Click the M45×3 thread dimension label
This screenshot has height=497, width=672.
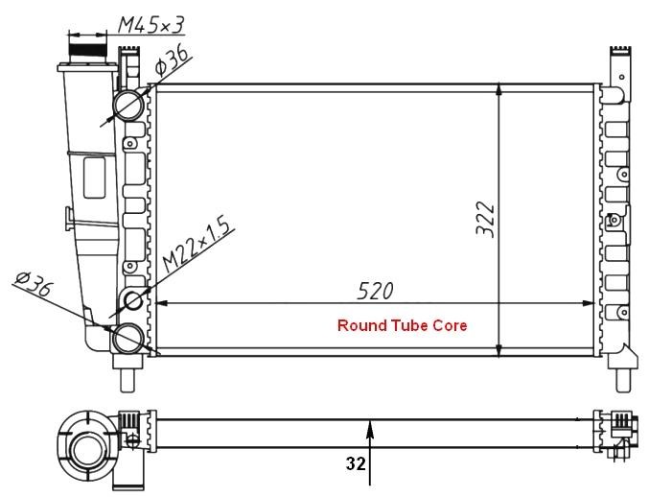pos(151,25)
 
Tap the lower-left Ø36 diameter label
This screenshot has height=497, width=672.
pos(34,283)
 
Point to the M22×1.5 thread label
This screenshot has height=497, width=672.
pos(197,246)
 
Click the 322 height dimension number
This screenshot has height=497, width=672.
pos(485,219)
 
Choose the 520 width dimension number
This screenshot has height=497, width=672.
pos(375,291)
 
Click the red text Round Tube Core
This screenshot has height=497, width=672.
pos(402,325)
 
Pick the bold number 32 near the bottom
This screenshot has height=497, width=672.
pos(356,463)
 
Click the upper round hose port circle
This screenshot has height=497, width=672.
pos(128,105)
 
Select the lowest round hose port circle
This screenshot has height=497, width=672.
pos(128,338)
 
